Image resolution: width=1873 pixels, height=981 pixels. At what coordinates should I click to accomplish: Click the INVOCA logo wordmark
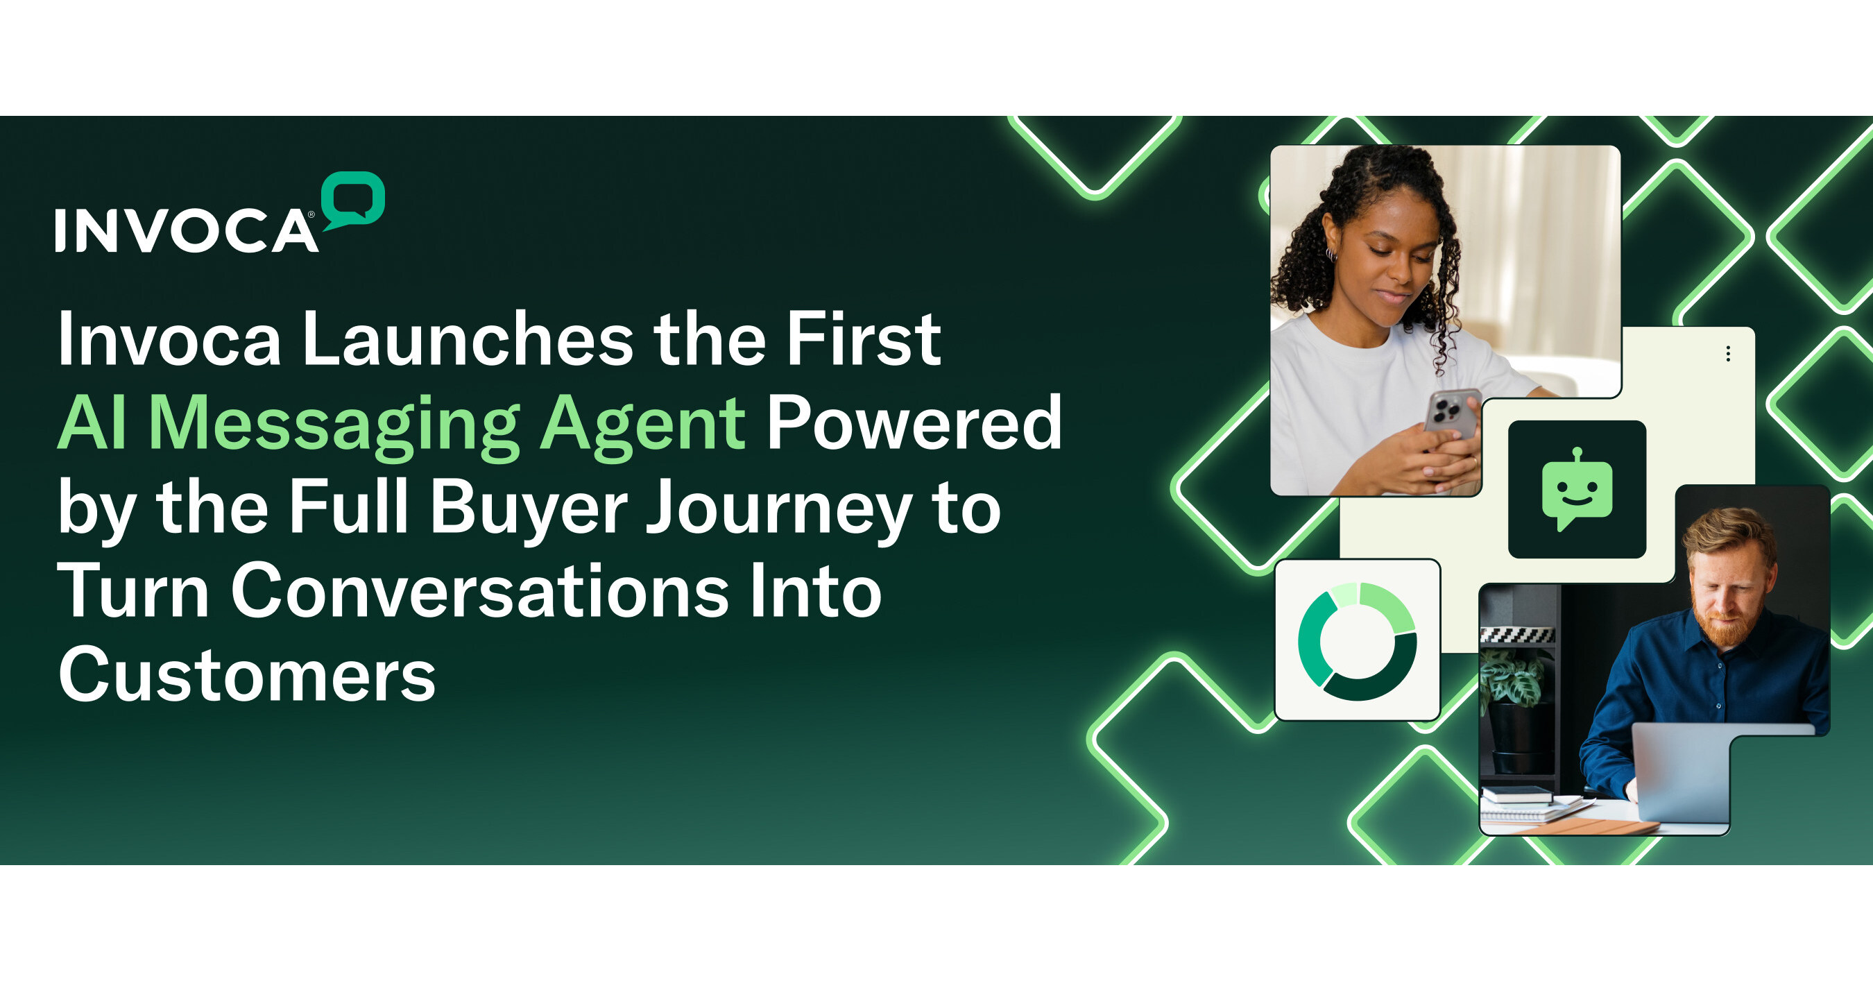pyautogui.click(x=185, y=230)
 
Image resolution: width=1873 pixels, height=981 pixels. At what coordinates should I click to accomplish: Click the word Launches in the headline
pyautogui.click(x=468, y=340)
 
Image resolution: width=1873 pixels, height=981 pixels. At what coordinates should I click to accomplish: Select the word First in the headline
pyautogui.click(x=864, y=340)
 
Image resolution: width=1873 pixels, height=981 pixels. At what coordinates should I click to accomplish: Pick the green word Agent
pyautogui.click(x=643, y=425)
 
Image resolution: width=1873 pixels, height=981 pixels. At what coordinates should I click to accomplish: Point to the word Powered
pyautogui.click(x=915, y=423)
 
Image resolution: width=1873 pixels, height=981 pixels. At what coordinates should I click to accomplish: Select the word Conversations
pyautogui.click(x=480, y=592)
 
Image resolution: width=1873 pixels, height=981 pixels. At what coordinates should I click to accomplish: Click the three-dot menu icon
pyautogui.click(x=1727, y=354)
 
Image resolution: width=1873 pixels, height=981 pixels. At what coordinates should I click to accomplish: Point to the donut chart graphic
pyautogui.click(x=1357, y=640)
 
